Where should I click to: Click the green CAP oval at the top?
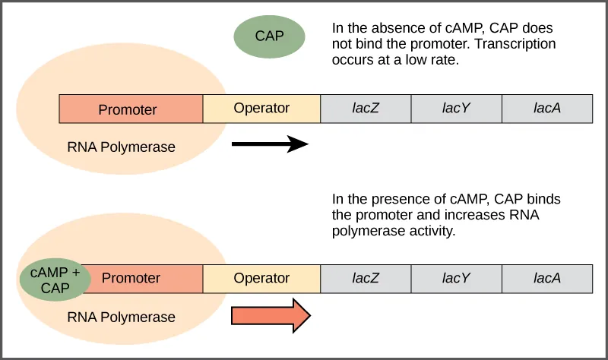point(269,35)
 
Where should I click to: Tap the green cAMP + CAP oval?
point(55,280)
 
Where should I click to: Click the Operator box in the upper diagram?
point(261,109)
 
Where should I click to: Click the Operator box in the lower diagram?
point(261,278)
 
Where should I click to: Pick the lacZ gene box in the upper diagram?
point(366,109)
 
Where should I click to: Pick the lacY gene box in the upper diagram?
point(456,109)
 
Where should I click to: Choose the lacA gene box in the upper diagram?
point(547,109)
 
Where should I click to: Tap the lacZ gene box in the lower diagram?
point(366,278)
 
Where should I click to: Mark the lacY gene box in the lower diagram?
point(456,278)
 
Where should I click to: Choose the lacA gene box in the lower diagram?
point(547,278)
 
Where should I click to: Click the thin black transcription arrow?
point(269,144)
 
